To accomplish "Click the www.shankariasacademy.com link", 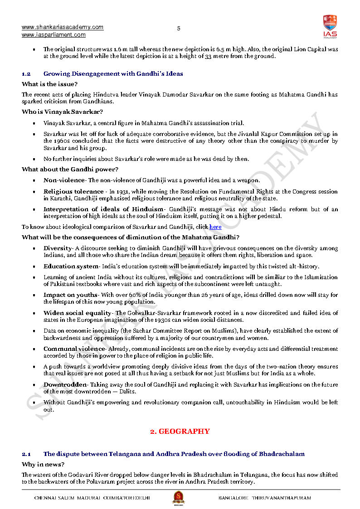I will pos(63,27).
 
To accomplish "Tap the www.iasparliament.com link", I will pos(54,35).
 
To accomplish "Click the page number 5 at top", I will pos(179,29).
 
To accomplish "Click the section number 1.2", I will pos(26,73).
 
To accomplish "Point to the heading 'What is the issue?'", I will pos(49,84).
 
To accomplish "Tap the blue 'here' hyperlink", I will pos(215,227).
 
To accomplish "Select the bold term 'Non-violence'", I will pos(63,180).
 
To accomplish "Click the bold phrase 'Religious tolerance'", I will pos(73,192).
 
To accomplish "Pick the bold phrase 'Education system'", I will pos(71,267).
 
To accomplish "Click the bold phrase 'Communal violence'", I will pos(74,349).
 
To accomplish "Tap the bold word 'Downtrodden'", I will pos(65,385).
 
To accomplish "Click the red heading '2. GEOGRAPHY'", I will pos(180,431).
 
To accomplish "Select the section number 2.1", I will pos(26,454).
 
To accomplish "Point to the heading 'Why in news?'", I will pos(43,465).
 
